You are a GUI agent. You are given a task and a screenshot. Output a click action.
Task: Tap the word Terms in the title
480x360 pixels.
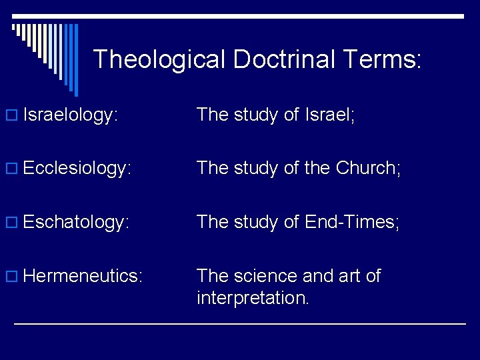click(x=383, y=60)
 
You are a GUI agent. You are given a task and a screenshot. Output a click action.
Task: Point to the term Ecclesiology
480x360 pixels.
click(x=76, y=169)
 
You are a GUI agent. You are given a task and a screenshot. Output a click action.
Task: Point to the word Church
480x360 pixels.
click(x=366, y=168)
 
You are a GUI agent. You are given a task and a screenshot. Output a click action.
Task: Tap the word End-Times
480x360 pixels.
click(x=351, y=221)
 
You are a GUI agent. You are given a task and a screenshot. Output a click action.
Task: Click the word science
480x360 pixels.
click(x=268, y=275)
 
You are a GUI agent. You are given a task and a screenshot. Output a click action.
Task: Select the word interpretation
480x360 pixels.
click(x=253, y=297)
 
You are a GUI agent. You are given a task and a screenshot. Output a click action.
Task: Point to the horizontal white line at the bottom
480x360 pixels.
click(x=240, y=323)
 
